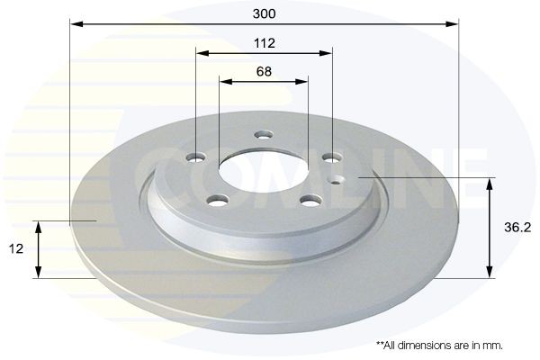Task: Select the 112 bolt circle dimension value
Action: [264, 43]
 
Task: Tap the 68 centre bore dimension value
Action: [264, 71]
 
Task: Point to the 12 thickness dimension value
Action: [17, 248]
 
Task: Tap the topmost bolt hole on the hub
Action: [263, 135]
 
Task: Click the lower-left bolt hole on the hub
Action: [217, 200]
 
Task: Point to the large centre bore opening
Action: [263, 171]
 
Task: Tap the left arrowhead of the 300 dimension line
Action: [75, 24]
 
